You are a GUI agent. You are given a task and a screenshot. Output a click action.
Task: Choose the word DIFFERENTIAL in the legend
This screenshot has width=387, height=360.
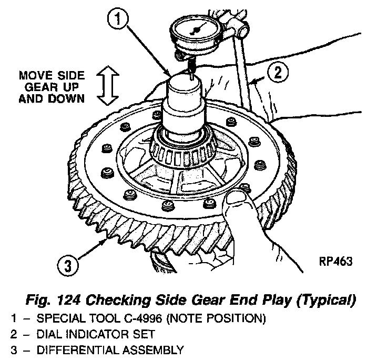(69, 349)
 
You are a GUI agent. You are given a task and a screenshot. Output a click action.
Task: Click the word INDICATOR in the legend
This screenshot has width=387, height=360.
(95, 334)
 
